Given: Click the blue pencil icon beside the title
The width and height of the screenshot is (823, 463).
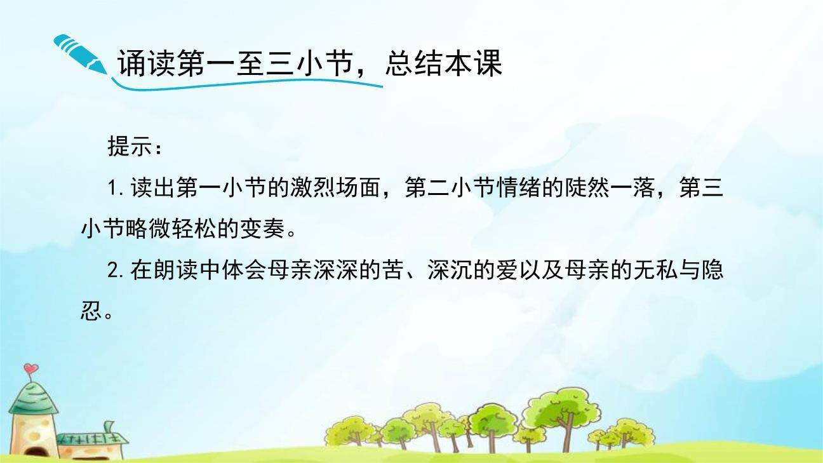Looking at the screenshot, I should tap(79, 55).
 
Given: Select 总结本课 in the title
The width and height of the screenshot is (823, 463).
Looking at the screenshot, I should tap(443, 64).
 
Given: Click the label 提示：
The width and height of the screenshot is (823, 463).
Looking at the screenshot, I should tap(135, 147).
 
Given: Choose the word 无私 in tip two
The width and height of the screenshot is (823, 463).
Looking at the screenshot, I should tap(657, 271).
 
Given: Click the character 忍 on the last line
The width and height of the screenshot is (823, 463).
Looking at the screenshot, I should tap(92, 312).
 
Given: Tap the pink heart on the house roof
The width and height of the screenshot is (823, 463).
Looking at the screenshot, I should tap(32, 368).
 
